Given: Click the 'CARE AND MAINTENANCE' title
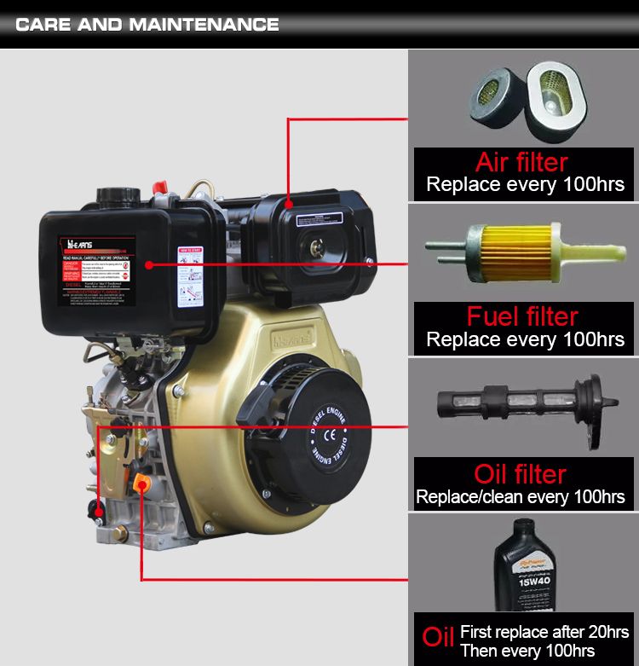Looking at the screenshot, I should coord(147,24).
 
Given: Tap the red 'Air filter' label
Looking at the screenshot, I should coord(521,162).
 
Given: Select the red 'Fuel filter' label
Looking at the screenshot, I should coord(522,317).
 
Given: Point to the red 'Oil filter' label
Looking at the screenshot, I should coord(520,474).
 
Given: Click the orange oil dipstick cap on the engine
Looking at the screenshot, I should coord(141,484).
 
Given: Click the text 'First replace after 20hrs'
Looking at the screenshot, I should coord(544,632).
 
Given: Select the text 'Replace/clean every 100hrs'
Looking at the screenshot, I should coord(521,496).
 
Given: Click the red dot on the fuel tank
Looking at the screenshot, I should coord(149,265).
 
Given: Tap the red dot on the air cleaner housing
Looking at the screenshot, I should coord(290,206).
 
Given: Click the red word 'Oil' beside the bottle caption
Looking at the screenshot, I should coord(438,638).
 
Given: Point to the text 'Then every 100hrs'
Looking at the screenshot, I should coord(527,651).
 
